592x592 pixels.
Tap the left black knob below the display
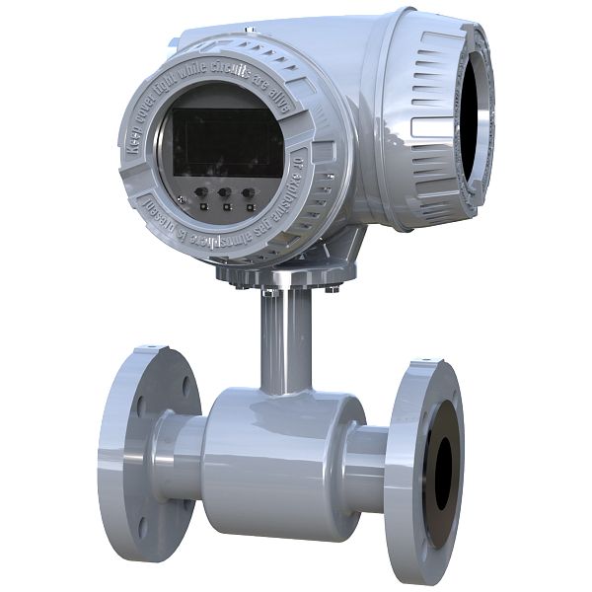pos(200,194)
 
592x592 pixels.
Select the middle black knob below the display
pos(224,194)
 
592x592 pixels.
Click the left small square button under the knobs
pos(203,207)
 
